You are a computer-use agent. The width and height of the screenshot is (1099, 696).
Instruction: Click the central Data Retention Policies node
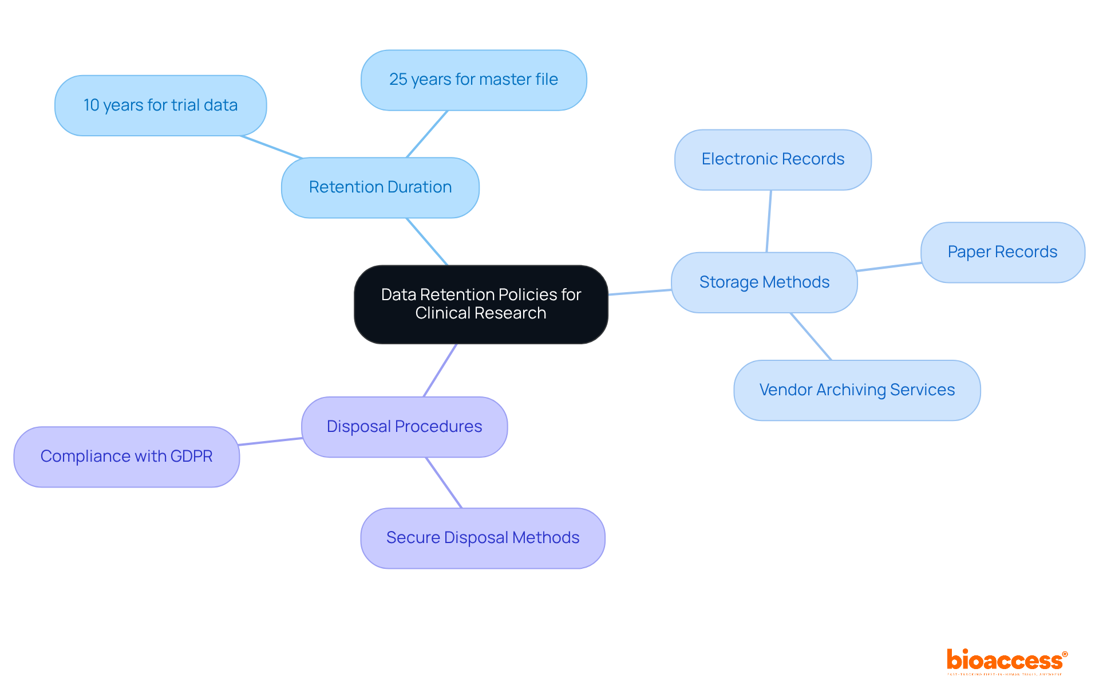(481, 304)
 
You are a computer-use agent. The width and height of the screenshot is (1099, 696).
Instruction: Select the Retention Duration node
(380, 187)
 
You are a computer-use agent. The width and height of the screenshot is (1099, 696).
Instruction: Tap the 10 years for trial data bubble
(160, 105)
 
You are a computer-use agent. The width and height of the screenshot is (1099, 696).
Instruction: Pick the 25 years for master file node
(473, 80)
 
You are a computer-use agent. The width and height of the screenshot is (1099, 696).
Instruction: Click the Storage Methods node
(764, 282)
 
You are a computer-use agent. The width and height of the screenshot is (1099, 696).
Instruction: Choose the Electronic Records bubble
(773, 159)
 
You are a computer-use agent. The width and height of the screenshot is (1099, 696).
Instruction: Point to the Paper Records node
(1002, 252)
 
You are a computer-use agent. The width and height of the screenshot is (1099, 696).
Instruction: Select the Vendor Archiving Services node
(857, 390)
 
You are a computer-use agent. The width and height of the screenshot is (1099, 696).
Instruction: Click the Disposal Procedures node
(404, 427)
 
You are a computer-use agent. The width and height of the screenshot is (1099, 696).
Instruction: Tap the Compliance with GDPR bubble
(126, 457)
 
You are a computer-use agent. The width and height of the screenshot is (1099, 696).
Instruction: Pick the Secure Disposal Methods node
(483, 538)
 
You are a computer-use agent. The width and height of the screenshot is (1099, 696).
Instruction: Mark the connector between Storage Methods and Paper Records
(889, 267)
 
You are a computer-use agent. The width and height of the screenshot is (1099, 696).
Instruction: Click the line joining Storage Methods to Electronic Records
(769, 221)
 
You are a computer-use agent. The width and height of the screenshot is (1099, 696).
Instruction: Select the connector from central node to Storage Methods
(639, 292)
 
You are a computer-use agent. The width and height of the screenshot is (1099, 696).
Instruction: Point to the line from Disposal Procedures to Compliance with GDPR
(270, 442)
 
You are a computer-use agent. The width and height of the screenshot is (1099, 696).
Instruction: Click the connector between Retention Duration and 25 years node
(427, 134)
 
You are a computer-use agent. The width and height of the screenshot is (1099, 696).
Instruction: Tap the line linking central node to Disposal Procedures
(440, 370)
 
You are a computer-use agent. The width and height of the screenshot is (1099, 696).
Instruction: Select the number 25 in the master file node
(398, 80)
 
